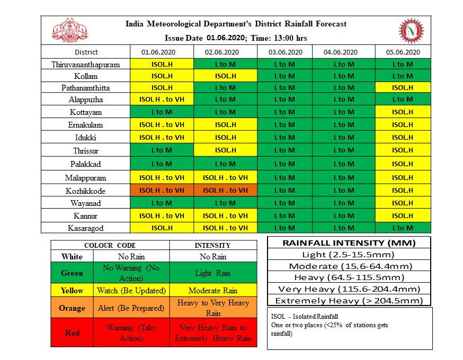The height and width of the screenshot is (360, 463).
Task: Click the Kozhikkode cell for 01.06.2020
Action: tap(162, 190)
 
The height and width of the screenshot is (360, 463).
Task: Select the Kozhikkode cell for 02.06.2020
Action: tap(225, 190)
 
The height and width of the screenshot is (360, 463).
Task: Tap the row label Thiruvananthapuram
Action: tap(86, 65)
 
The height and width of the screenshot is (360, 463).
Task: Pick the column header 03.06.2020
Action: tap(286, 52)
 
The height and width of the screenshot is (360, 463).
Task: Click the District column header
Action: tap(86, 52)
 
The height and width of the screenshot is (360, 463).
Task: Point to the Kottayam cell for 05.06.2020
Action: tap(403, 112)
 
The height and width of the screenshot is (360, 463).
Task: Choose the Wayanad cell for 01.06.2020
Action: tap(162, 203)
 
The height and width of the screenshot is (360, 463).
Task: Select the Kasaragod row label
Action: tap(86, 228)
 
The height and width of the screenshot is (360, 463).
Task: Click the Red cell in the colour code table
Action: tap(72, 333)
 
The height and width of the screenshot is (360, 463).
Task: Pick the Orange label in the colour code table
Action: tap(72, 308)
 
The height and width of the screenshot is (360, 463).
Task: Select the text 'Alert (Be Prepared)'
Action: tap(131, 308)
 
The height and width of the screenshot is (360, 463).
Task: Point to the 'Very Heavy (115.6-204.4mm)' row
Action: tap(350, 289)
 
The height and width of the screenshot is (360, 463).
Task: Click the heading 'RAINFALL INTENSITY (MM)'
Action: tap(350, 243)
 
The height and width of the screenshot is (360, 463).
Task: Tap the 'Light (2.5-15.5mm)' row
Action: tap(350, 255)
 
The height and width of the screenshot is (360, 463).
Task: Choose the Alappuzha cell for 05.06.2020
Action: tap(403, 100)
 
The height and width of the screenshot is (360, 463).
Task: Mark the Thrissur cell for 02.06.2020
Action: tap(225, 150)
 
